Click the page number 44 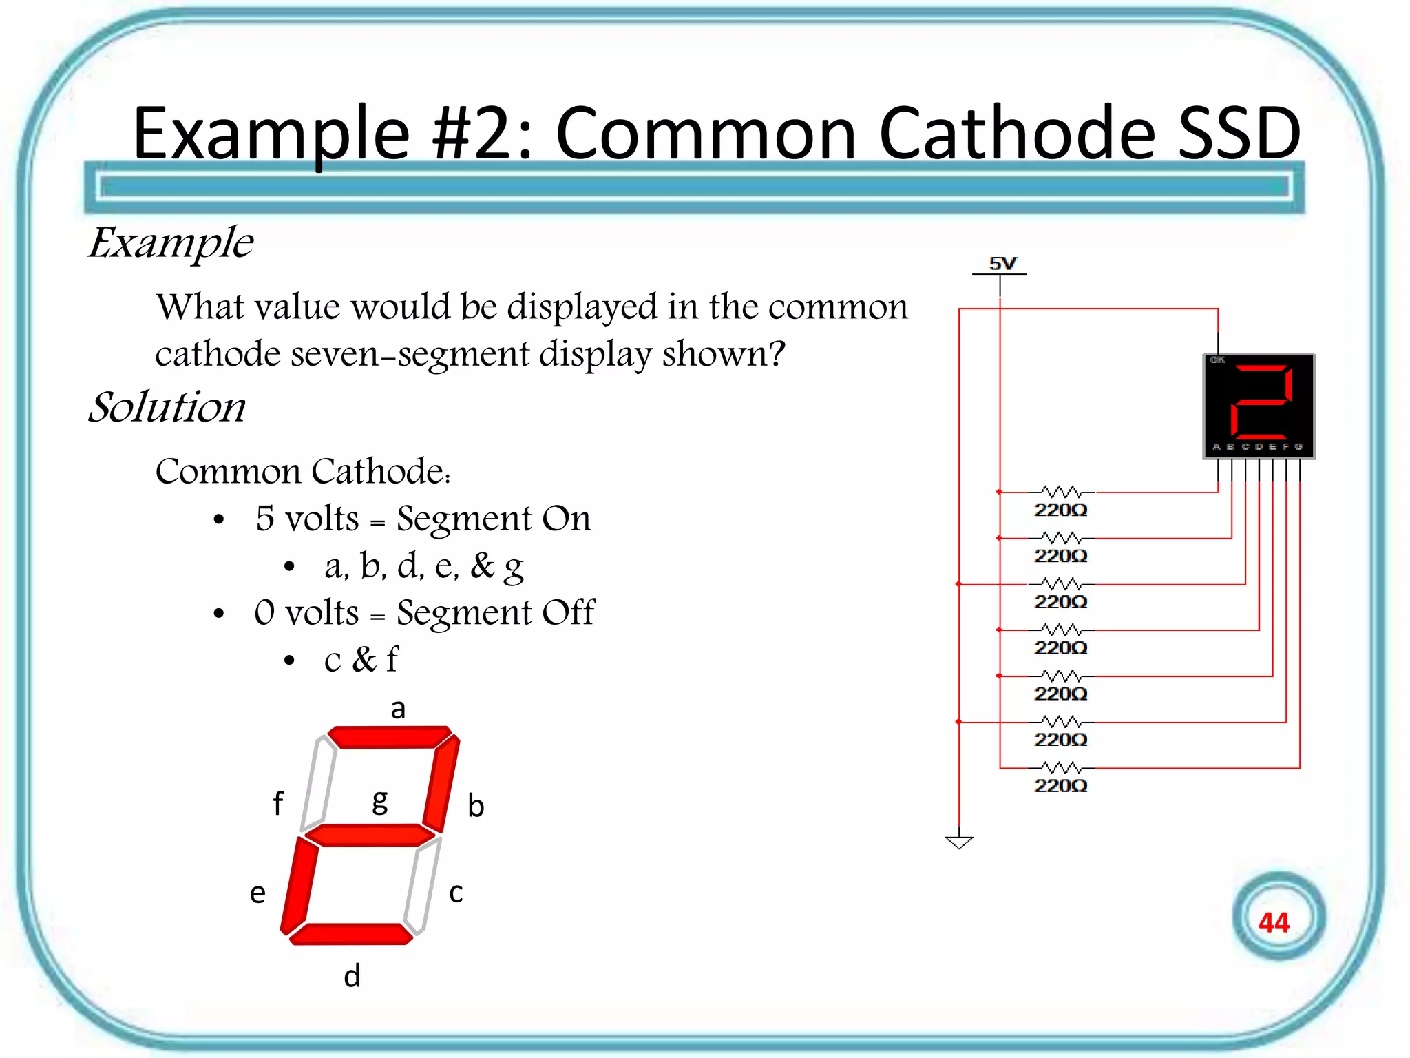pos(1274,922)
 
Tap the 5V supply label pos(1002,263)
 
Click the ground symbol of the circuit pos(958,842)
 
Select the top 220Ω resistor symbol pos(1060,492)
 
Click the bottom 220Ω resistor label pos(1060,786)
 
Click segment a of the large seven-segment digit pos(389,736)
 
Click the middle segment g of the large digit pos(370,836)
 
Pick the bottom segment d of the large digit pos(351,934)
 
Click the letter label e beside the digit pos(257,893)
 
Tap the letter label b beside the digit pos(476,806)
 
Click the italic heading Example pos(171,242)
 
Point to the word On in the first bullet pos(566,518)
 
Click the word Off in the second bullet pos(567,612)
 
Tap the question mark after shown pos(777,354)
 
